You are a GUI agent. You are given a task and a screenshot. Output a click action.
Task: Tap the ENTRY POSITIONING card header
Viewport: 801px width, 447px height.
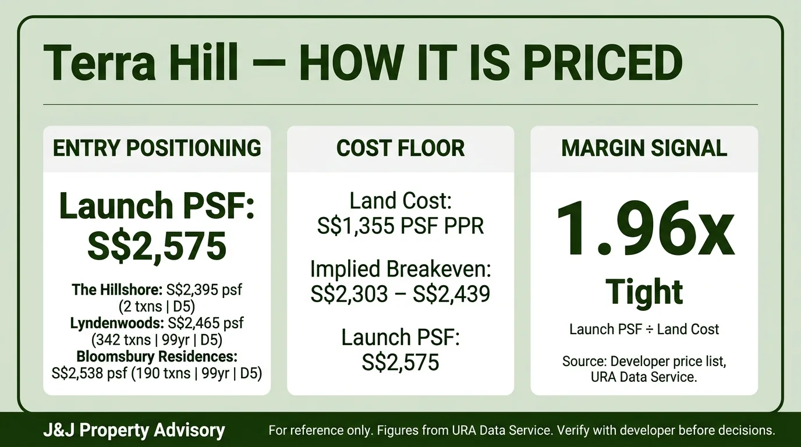click(157, 148)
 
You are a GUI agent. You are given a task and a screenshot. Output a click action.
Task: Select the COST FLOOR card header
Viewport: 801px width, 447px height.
click(400, 148)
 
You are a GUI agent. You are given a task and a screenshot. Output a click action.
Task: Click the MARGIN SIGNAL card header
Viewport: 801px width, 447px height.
click(644, 148)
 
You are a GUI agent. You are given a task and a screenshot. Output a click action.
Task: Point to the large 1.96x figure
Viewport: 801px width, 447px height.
click(644, 230)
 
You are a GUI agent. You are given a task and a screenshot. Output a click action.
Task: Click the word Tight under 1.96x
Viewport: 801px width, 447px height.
click(644, 292)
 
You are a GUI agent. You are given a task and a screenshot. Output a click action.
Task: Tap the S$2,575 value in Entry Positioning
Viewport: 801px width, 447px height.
click(157, 246)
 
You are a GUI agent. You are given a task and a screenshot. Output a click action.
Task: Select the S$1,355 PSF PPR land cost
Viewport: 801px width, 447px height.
click(400, 226)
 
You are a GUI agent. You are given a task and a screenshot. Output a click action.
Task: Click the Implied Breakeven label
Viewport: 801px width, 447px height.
click(400, 269)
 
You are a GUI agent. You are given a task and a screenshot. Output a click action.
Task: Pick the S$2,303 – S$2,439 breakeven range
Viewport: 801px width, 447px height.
click(400, 294)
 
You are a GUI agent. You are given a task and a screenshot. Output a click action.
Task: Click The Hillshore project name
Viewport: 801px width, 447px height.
click(117, 289)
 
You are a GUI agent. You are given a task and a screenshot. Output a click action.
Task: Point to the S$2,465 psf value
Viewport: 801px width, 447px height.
click(204, 324)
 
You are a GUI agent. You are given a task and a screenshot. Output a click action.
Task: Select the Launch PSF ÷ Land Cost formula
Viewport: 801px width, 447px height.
click(644, 329)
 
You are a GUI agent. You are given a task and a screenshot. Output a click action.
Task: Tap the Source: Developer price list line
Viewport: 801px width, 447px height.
click(644, 361)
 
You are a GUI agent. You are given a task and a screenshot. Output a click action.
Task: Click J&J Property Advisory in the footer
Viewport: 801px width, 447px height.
click(133, 431)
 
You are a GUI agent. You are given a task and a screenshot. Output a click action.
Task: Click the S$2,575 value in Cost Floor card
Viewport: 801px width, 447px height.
click(400, 362)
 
